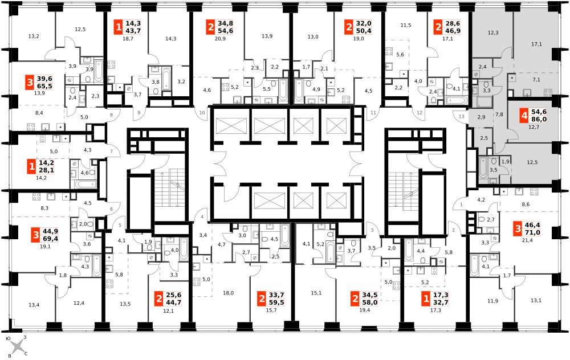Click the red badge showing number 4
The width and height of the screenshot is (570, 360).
[524, 116]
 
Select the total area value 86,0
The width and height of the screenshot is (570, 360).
[539, 119]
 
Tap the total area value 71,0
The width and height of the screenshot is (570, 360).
[532, 233]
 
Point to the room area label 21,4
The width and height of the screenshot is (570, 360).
[527, 240]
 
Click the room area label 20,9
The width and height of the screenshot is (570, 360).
[220, 39]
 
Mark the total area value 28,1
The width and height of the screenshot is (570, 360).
[46, 170]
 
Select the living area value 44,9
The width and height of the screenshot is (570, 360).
[51, 231]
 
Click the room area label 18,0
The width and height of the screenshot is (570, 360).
[229, 293]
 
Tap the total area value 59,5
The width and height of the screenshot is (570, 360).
[276, 302]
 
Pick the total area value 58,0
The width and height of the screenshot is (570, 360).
[370, 302]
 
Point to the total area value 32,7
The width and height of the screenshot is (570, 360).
[441, 302]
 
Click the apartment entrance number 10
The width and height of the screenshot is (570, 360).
[202, 113]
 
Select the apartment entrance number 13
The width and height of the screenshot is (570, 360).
[461, 117]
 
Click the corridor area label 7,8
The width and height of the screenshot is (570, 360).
[499, 114]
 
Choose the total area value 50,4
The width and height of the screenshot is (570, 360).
[363, 31]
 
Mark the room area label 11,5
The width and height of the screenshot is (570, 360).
[406, 26]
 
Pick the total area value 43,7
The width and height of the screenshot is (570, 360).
[133, 31]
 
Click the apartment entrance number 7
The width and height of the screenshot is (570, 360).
[112, 151]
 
